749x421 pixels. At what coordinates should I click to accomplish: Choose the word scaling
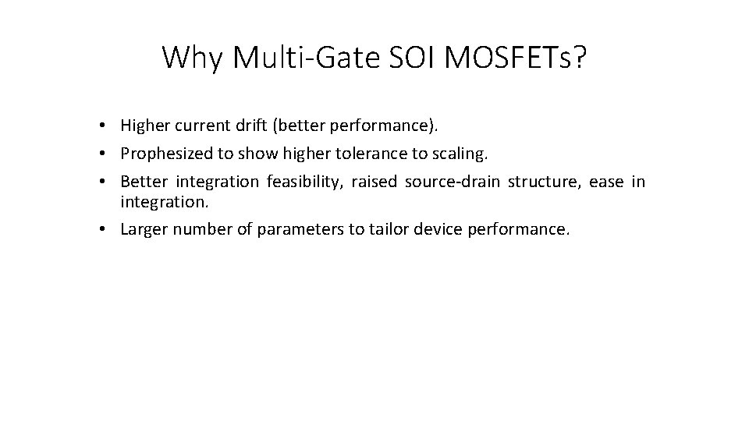460,154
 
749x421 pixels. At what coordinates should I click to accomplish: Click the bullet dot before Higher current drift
104,126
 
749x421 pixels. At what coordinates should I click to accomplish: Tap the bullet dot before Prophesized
104,154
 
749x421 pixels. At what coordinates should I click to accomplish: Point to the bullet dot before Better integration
104,182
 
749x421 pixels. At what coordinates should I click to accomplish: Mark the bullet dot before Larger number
104,231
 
